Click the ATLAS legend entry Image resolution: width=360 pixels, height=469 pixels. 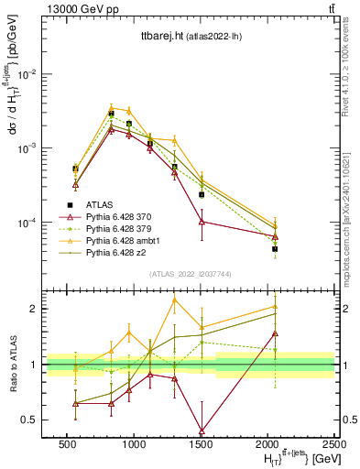pos(99,204)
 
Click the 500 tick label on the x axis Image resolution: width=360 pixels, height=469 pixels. pos(67,442)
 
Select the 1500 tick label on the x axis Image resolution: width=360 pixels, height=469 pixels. pos(202,442)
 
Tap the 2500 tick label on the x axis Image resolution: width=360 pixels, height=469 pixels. pos(334,442)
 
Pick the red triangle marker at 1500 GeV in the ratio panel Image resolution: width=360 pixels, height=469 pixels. pos(202,431)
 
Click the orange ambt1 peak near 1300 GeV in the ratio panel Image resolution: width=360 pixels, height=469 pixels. pos(174,300)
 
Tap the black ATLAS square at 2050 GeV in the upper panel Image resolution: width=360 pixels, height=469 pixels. pos(275,249)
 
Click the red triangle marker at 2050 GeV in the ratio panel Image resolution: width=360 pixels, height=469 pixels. pos(275,333)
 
